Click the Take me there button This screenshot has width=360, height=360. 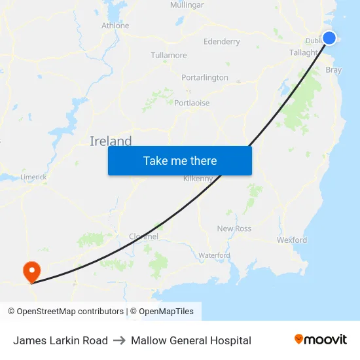pyautogui.click(x=179, y=161)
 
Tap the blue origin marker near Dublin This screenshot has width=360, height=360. pyautogui.click(x=329, y=38)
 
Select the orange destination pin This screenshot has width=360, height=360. pyautogui.click(x=31, y=270)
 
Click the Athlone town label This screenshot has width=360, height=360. pyautogui.click(x=115, y=26)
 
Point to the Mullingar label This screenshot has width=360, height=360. pyautogui.click(x=187, y=5)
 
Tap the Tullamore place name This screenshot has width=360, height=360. pyautogui.click(x=169, y=56)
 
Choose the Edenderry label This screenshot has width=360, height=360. pyautogui.click(x=222, y=42)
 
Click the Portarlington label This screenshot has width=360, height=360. pyautogui.click(x=205, y=78)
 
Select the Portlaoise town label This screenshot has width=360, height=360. pyautogui.click(x=192, y=103)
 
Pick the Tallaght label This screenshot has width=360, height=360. pyautogui.click(x=304, y=53)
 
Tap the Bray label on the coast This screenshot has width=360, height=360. pyautogui.click(x=334, y=70)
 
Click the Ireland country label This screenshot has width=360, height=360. pyautogui.click(x=111, y=141)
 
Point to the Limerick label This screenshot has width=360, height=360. pyautogui.click(x=33, y=177)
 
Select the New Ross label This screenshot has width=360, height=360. pyautogui.click(x=234, y=228)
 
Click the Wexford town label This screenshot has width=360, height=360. pyautogui.click(x=291, y=240)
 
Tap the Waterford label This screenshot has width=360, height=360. pyautogui.click(x=214, y=255)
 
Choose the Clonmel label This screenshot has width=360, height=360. pyautogui.click(x=143, y=236)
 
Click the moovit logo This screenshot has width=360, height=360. pyautogui.click(x=321, y=340)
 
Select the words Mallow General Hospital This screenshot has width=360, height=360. pyautogui.click(x=191, y=340)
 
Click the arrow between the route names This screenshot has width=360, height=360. pyautogui.click(x=119, y=340)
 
